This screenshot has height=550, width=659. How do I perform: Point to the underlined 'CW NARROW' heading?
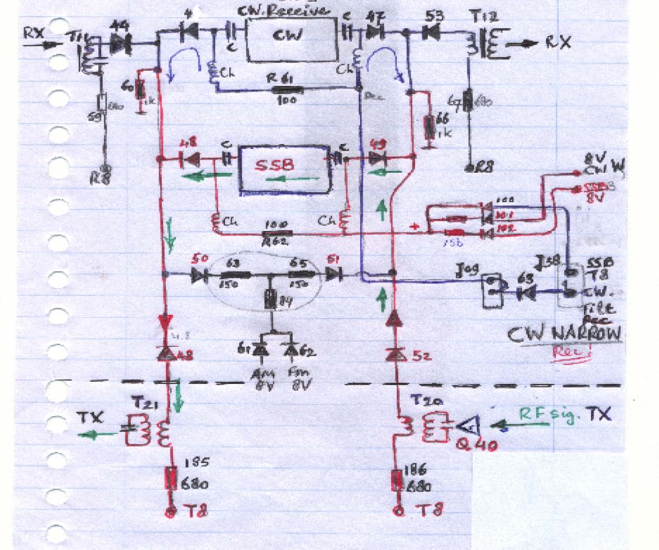point(566,334)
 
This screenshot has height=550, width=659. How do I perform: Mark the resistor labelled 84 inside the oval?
point(271,301)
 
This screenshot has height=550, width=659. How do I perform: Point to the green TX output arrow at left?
point(94,434)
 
